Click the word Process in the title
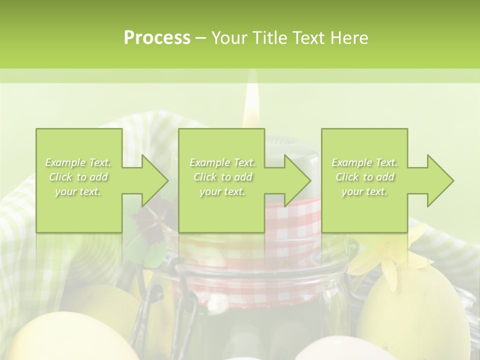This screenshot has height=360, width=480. click(x=157, y=37)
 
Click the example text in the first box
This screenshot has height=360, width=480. click(x=78, y=177)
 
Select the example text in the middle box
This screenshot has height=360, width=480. click(x=222, y=177)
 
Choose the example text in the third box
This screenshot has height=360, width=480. click(x=364, y=177)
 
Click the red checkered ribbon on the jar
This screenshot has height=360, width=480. click(x=295, y=220)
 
